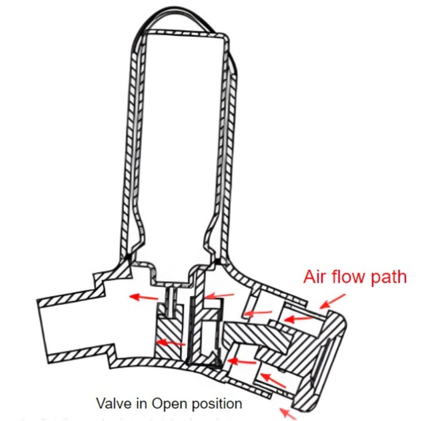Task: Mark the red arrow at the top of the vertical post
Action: click(219, 296)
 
